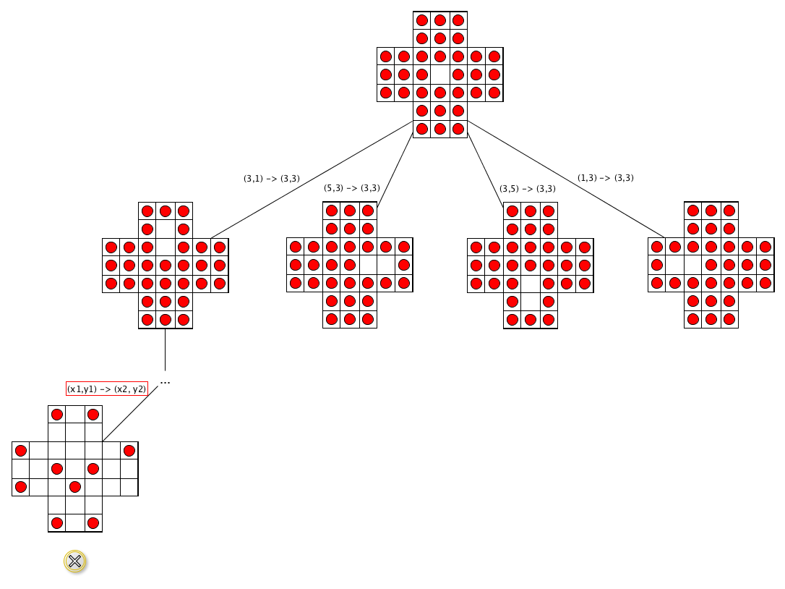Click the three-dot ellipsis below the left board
[165, 382]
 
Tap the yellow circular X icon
[75, 562]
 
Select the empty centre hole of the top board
[439, 75]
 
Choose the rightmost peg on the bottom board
[129, 451]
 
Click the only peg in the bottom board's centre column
[75, 486]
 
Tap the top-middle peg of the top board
[439, 20]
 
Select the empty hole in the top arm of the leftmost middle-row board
[166, 229]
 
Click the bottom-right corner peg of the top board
[458, 129]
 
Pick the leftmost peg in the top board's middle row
[386, 75]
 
